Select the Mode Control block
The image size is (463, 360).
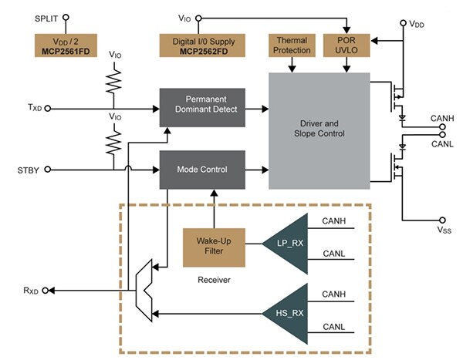203,169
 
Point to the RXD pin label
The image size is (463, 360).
32,290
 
